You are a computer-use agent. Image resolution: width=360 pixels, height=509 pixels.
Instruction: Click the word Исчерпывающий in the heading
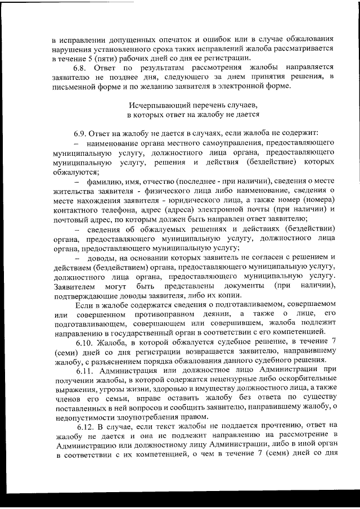[x=156, y=106]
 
